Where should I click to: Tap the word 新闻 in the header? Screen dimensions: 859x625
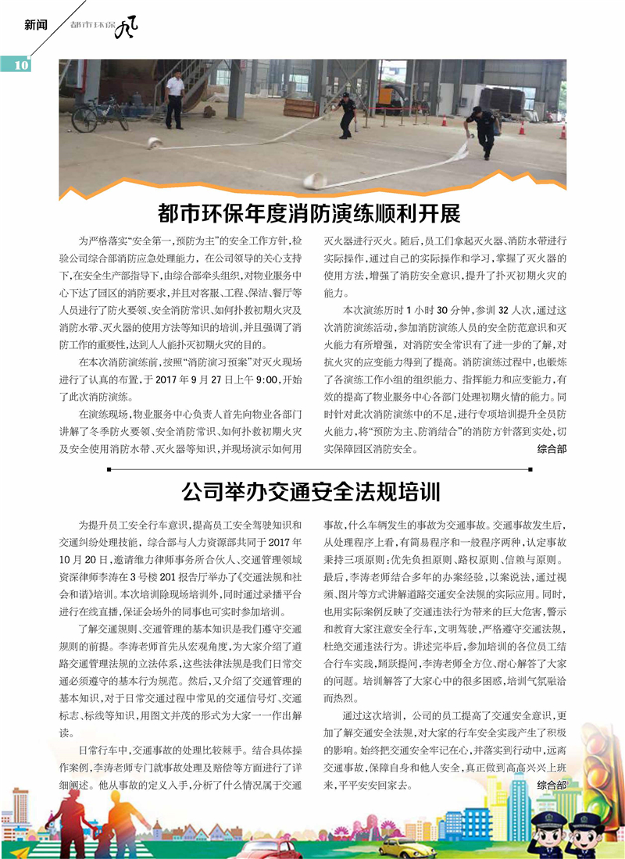pyautogui.click(x=36, y=24)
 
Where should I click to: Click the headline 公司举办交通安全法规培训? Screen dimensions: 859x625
pyautogui.click(x=311, y=492)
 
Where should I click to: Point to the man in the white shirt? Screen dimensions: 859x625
pyautogui.click(x=175, y=98)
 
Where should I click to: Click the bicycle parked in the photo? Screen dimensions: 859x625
pyautogui.click(x=99, y=116)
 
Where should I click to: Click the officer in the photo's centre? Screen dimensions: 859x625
pyautogui.click(x=347, y=113)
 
